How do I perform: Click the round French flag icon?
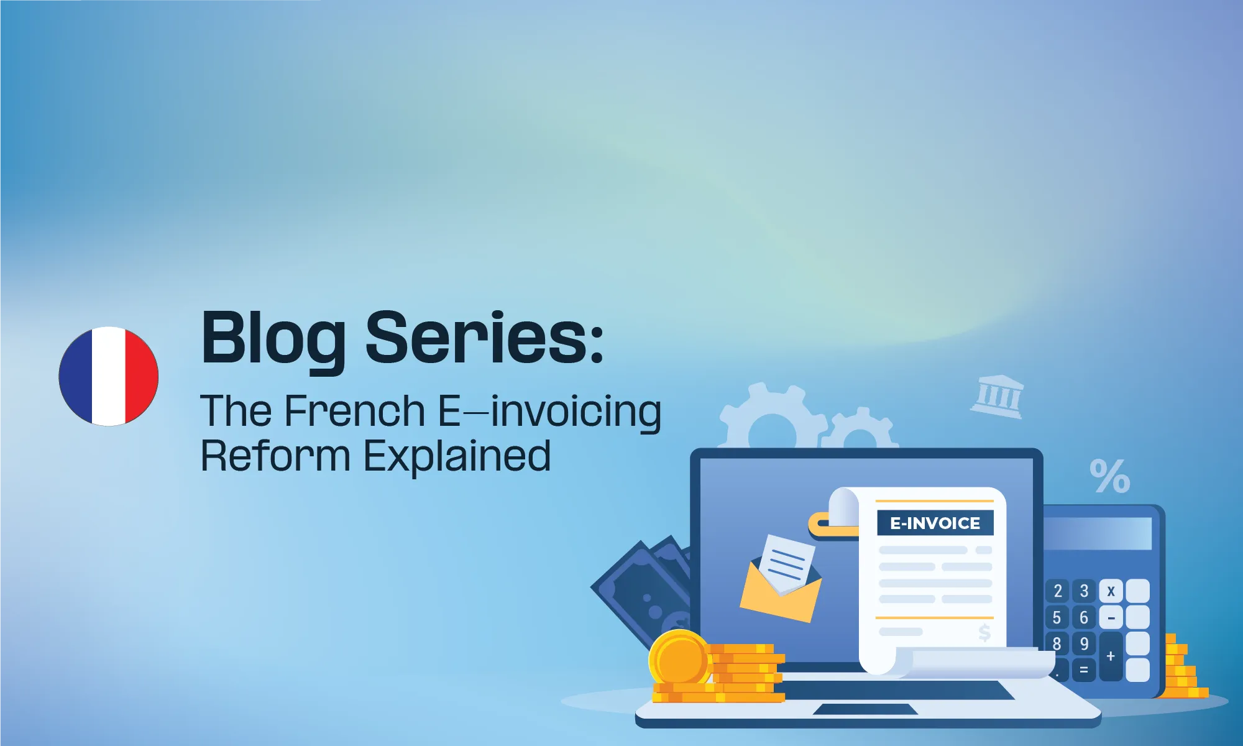tap(109, 376)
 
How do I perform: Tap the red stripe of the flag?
tap(142, 376)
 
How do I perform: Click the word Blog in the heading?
tap(273, 339)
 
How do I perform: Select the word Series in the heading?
tap(476, 339)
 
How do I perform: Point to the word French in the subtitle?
tap(355, 411)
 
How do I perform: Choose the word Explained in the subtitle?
tap(457, 457)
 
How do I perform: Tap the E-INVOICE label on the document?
tap(935, 523)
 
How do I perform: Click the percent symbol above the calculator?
tap(1109, 476)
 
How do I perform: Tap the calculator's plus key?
tap(1111, 656)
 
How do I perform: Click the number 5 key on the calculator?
tap(1057, 617)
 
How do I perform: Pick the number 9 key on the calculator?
tap(1084, 643)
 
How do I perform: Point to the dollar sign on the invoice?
tap(984, 633)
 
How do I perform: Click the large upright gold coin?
tap(680, 659)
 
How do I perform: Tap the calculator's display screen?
tap(1097, 533)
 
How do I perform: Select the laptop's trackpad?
tap(865, 709)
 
